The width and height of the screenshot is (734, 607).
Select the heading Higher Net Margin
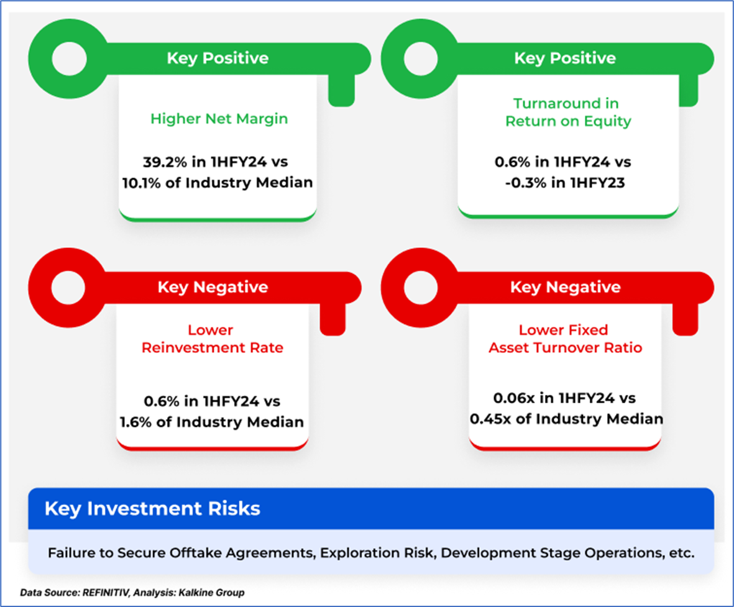tap(219, 119)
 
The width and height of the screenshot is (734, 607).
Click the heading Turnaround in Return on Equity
tap(568, 112)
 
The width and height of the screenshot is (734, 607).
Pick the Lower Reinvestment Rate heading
tap(212, 339)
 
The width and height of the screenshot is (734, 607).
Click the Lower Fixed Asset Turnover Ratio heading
tap(565, 339)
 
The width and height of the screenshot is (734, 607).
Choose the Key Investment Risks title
tap(152, 509)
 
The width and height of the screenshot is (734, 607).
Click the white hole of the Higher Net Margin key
tap(69, 59)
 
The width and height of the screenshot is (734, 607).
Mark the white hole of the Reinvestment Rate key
tap(68, 288)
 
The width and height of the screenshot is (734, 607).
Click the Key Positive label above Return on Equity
tap(565, 58)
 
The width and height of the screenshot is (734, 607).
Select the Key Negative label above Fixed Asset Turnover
tap(565, 287)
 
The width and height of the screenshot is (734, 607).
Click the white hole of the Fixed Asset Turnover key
tap(420, 288)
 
